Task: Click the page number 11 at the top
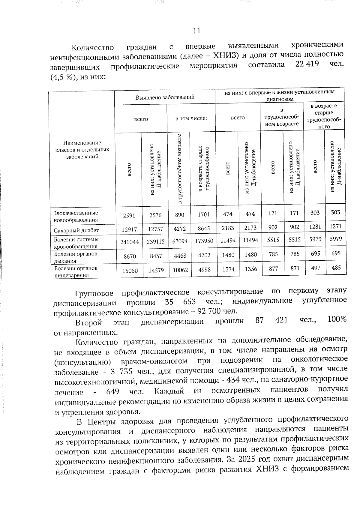(x=196, y=31)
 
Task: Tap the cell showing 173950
(x=203, y=241)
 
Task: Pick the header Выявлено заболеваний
(x=165, y=97)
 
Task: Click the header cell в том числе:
(x=191, y=118)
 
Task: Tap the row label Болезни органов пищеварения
(x=76, y=271)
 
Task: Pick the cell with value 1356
(x=250, y=269)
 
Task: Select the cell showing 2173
(x=250, y=228)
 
